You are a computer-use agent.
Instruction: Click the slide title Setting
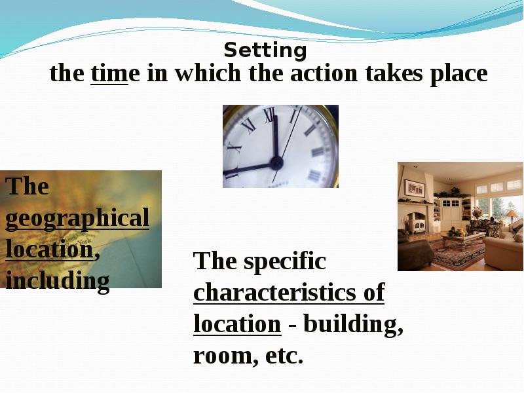265,50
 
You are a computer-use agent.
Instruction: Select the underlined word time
109,73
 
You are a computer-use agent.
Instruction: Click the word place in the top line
458,74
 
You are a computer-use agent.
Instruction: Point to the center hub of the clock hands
276,162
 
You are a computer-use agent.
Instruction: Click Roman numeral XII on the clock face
269,115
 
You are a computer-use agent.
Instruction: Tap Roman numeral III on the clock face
318,152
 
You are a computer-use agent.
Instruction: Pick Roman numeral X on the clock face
234,146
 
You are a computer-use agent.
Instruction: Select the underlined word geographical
77,219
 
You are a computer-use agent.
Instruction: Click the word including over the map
58,281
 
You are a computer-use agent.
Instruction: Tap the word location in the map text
49,249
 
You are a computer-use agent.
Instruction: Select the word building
353,325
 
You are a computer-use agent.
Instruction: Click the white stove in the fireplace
417,225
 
